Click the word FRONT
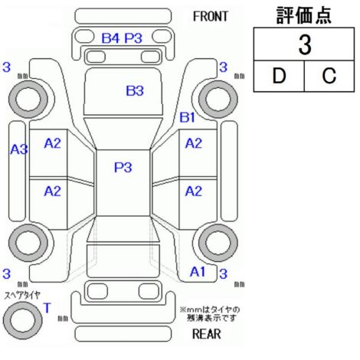pyautogui.click(x=210, y=17)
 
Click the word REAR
pyautogui.click(x=206, y=334)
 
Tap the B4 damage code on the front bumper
pyautogui.click(x=110, y=38)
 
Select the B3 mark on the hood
pyautogui.click(x=135, y=90)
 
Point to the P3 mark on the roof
pyautogui.click(x=123, y=168)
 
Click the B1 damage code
pyautogui.click(x=188, y=117)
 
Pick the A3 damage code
pyautogui.click(x=19, y=149)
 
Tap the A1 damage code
pyautogui.click(x=198, y=272)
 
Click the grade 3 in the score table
pyautogui.click(x=305, y=45)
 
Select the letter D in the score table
pyautogui.click(x=279, y=76)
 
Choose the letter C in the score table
pyautogui.click(x=329, y=76)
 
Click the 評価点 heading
pyautogui.click(x=304, y=15)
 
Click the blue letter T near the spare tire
pyautogui.click(x=47, y=308)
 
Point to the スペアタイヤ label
pyautogui.click(x=22, y=296)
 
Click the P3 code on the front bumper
pyautogui.click(x=133, y=38)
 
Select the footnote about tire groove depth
pyautogui.click(x=210, y=314)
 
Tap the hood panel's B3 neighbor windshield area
pyautogui.click(x=123, y=133)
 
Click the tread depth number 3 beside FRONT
pyautogui.click(x=223, y=67)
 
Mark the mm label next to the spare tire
pyautogui.click(x=63, y=319)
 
